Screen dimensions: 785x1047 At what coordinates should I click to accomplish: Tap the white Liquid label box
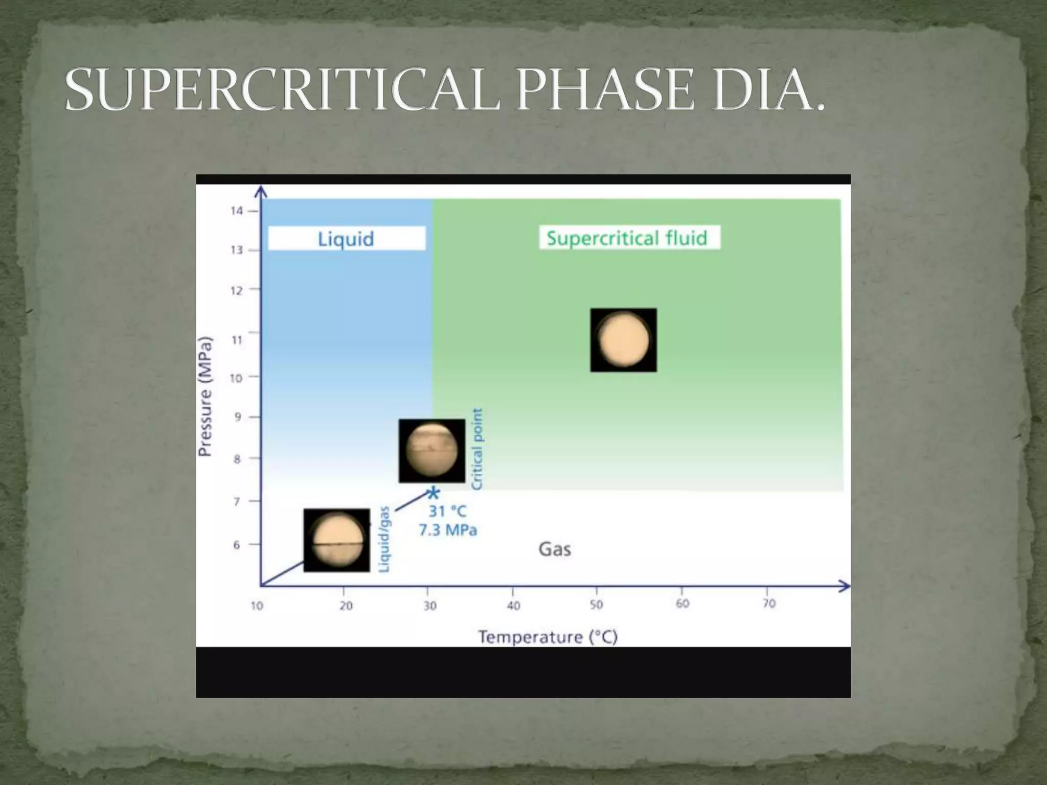[346, 239]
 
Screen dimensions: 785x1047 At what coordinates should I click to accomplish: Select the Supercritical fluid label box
[629, 238]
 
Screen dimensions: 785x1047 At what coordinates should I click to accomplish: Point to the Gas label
[555, 549]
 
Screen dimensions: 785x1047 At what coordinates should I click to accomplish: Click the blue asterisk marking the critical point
[434, 494]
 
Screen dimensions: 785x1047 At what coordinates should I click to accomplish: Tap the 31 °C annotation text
[448, 511]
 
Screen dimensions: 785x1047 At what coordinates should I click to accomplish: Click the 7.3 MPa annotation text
[448, 530]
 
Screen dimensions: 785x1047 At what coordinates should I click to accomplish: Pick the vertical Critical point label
[476, 449]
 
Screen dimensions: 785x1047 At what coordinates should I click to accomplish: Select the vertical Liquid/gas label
[384, 539]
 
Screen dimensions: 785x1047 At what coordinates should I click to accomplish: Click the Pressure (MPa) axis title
[205, 397]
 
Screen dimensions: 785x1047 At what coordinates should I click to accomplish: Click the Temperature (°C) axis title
[548, 637]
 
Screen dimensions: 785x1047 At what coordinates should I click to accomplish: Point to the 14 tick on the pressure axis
[237, 211]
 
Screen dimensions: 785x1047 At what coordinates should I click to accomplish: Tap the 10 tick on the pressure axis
[236, 378]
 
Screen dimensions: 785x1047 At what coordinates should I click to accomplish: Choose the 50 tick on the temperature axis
[596, 605]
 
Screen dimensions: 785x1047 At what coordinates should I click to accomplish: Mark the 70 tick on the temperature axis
[769, 604]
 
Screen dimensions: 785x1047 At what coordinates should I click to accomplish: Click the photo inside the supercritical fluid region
[623, 340]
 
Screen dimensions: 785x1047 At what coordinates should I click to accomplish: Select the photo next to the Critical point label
[431, 451]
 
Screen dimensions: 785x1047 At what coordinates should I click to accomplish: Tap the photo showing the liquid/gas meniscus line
[336, 540]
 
